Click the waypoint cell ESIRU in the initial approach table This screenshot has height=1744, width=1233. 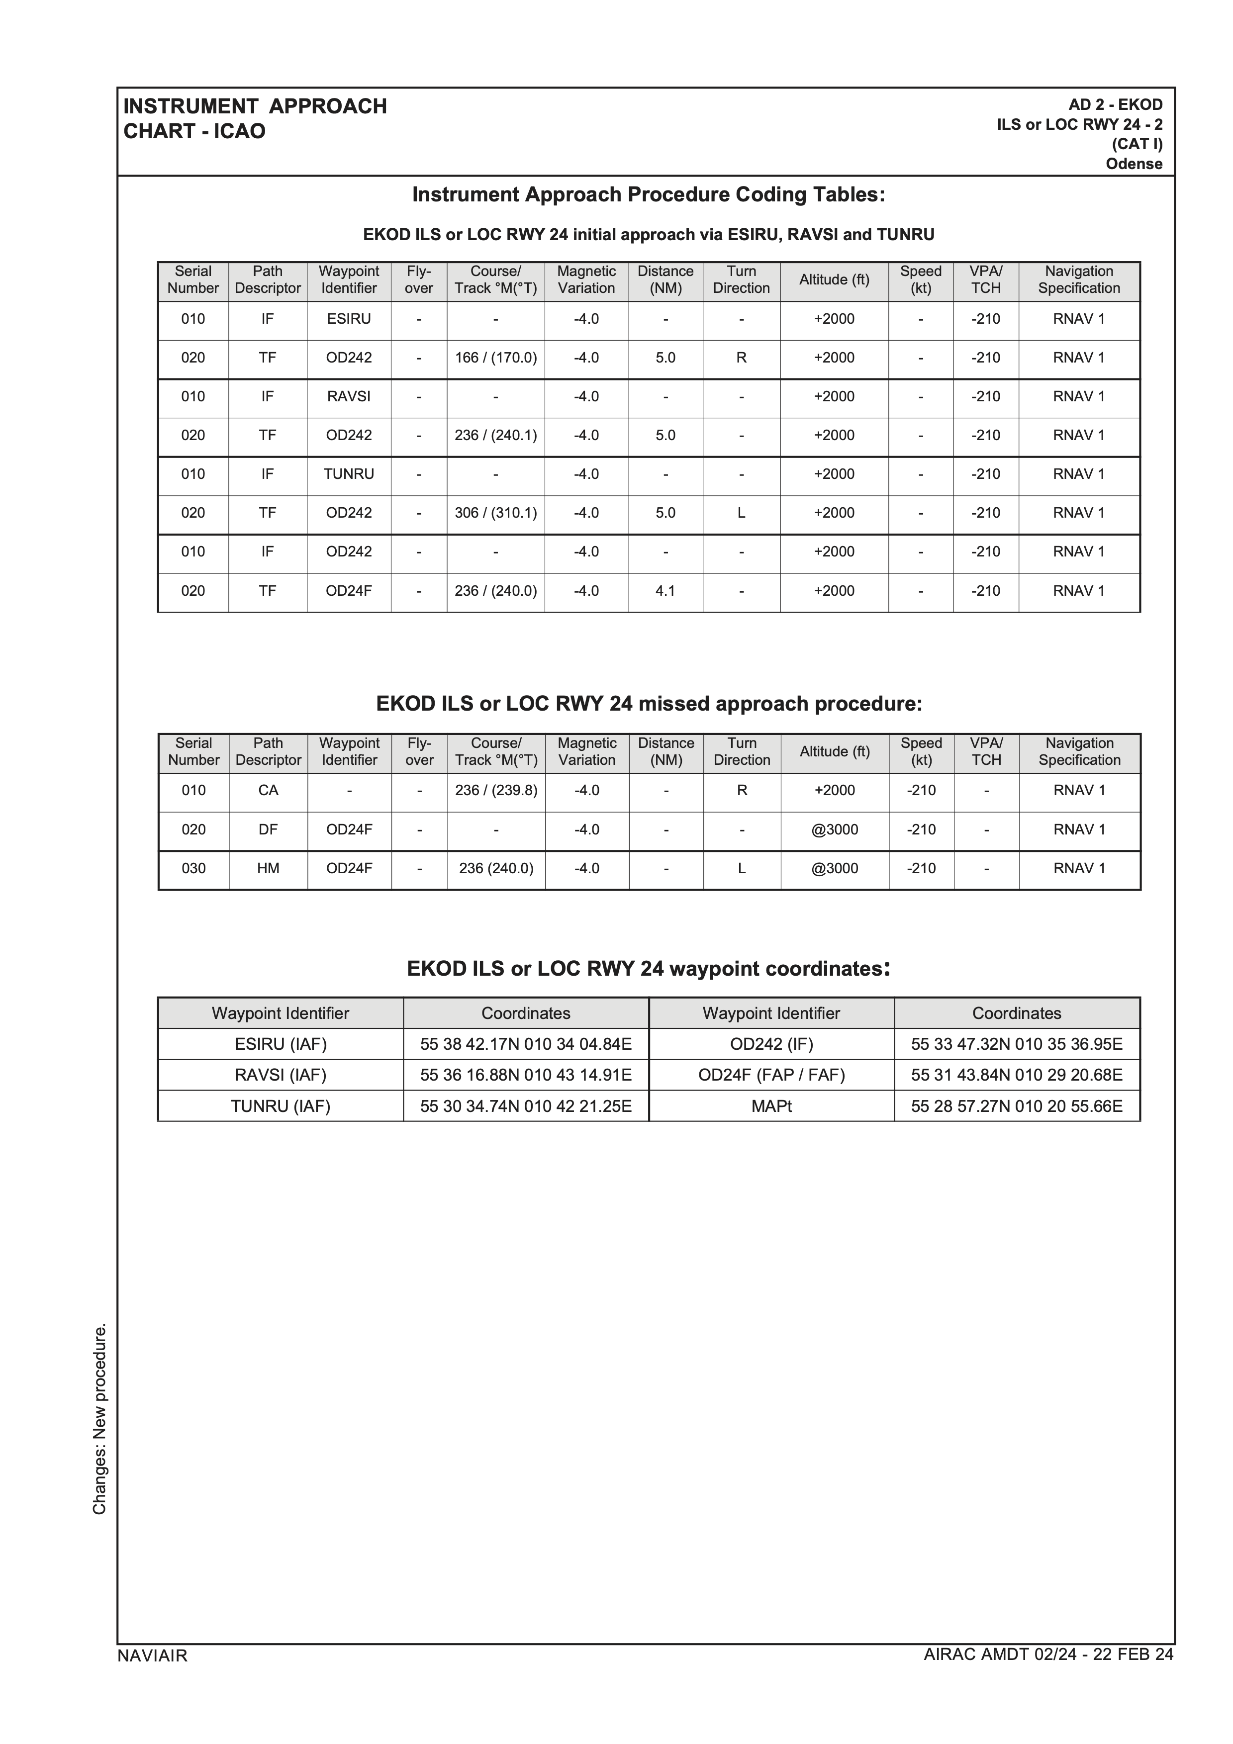(349, 319)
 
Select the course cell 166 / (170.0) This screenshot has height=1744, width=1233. (495, 358)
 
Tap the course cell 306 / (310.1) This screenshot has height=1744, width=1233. (495, 513)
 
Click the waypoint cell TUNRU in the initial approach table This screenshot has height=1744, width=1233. (349, 474)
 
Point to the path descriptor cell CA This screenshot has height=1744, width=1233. (268, 791)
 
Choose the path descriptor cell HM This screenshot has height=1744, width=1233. (268, 868)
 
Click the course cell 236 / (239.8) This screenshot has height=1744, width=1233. (496, 791)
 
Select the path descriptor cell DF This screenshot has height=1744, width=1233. (268, 829)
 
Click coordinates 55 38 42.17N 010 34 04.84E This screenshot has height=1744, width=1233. (526, 1044)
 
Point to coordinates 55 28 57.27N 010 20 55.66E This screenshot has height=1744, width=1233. (1017, 1106)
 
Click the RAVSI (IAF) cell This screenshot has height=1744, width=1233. (281, 1075)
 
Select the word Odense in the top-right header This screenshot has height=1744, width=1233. (1134, 164)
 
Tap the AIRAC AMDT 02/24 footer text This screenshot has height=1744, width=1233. (1048, 1676)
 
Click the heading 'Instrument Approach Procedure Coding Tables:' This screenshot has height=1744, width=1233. (648, 195)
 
